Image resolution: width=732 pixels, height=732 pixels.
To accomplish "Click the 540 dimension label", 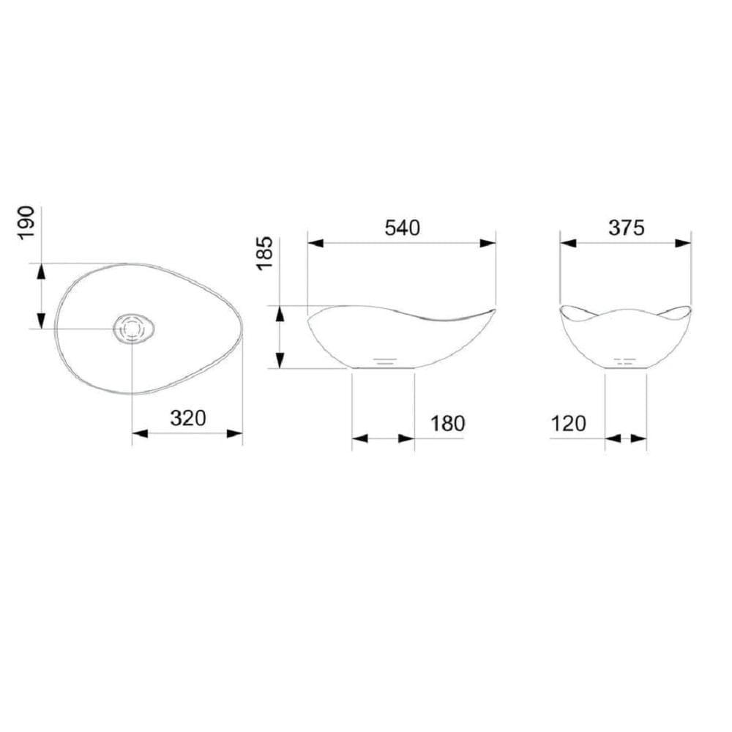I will point(402,228).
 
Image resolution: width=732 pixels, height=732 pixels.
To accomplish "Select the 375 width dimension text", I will point(626,228).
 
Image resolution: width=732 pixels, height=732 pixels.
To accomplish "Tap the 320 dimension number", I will point(188,419).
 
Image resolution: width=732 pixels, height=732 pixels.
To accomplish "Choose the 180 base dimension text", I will point(447,423).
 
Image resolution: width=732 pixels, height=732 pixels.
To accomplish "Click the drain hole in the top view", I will point(132,329).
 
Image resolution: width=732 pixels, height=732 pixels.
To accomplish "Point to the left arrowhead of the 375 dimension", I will point(569,243).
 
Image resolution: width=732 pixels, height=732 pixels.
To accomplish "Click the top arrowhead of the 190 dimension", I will point(41,271).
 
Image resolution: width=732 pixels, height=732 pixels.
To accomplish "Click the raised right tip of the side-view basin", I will point(492,312).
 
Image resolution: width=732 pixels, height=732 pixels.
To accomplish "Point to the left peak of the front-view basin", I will point(562,309).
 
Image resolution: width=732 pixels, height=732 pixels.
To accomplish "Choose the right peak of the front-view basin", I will point(688,309).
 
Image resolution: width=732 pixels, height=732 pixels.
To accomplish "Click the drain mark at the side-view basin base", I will point(385,361).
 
